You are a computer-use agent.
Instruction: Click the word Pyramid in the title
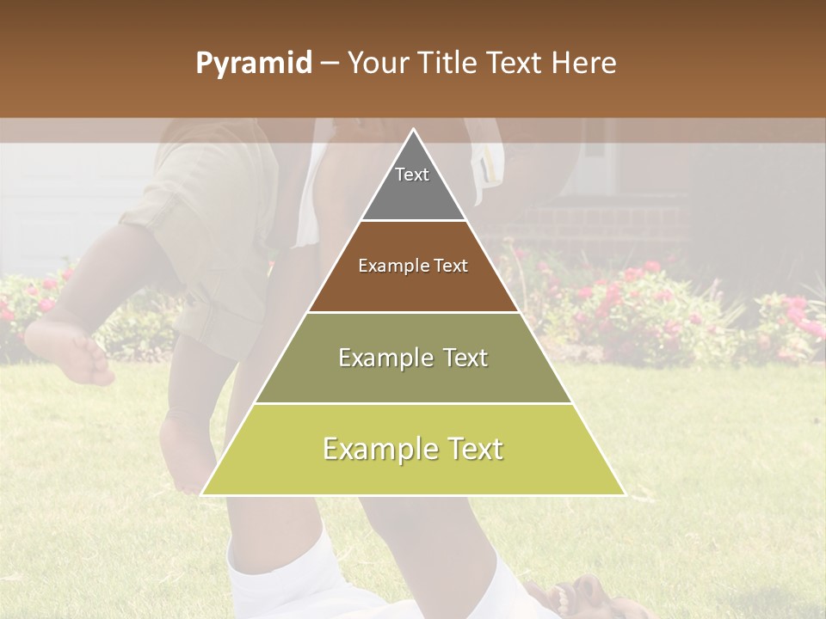tap(253, 64)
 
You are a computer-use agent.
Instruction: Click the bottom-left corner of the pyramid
tap(204, 493)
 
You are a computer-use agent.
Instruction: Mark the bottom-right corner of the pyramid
tap(623, 493)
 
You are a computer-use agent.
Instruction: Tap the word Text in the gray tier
tap(412, 175)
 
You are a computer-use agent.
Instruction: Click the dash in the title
tap(330, 64)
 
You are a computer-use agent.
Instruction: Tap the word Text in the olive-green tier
tap(463, 358)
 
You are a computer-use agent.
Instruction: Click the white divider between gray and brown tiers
tap(413, 221)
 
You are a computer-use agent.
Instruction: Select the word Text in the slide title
tap(517, 64)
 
